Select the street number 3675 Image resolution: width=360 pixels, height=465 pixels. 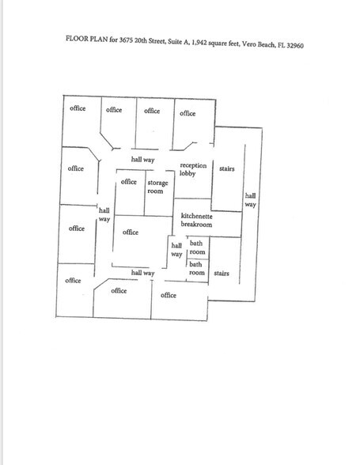click(126, 40)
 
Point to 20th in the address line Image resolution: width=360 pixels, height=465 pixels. click(141, 40)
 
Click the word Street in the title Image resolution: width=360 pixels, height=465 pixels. click(157, 41)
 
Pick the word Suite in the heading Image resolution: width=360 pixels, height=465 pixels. click(175, 42)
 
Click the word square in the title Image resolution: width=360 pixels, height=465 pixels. click(218, 43)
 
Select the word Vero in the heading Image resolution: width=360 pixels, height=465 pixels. click(248, 44)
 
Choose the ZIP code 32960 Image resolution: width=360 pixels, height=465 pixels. click(295, 46)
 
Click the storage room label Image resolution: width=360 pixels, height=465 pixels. click(157, 187)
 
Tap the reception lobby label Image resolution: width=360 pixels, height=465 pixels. click(193, 169)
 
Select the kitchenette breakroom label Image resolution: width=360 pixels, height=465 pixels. click(196, 220)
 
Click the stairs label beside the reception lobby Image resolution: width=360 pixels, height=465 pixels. click(227, 168)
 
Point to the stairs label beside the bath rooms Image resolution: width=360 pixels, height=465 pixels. click(222, 273)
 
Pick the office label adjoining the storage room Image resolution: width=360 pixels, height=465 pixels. click(128, 182)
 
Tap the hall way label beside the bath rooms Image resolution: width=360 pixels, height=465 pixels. click(176, 250)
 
